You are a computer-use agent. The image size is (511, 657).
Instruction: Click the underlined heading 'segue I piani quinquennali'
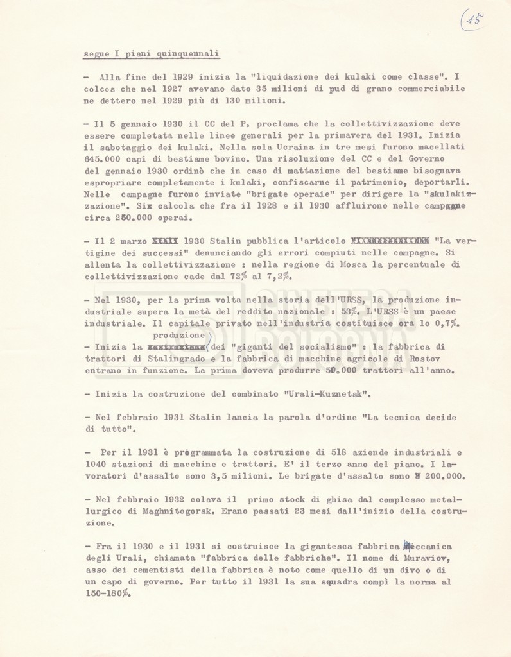152,54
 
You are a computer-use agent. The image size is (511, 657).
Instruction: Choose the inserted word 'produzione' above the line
178,335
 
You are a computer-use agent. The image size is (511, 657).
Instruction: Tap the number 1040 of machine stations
96,464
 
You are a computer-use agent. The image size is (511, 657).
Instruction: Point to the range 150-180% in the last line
107,593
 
